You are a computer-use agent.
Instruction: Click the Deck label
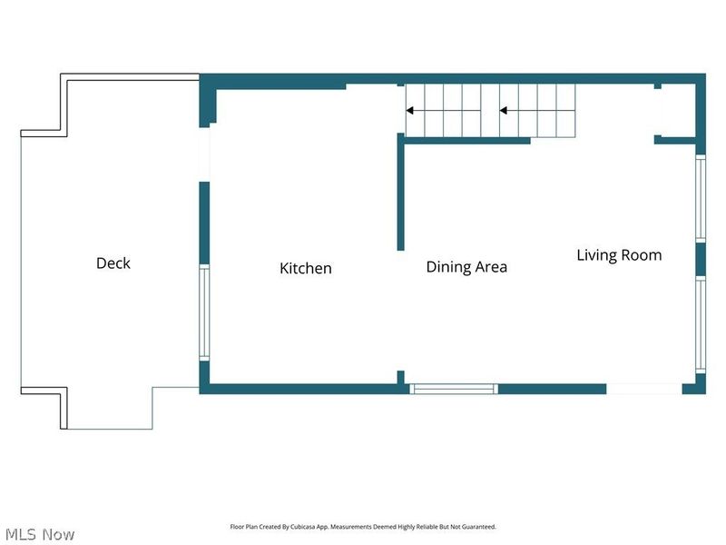pyautogui.click(x=113, y=263)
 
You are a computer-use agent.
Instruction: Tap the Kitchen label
pyautogui.click(x=305, y=268)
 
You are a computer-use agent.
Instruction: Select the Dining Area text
pyautogui.click(x=466, y=267)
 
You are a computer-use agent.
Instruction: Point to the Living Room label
pyautogui.click(x=619, y=255)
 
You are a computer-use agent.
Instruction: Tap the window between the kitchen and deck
pyautogui.click(x=204, y=312)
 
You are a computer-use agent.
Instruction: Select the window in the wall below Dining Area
pyautogui.click(x=454, y=389)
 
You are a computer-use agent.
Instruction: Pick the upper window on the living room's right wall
pyautogui.click(x=700, y=198)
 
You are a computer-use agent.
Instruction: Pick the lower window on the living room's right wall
pyautogui.click(x=700, y=324)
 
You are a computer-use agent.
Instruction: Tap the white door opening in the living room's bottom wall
pyautogui.click(x=643, y=389)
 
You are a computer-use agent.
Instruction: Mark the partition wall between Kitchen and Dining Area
pyautogui.click(x=400, y=192)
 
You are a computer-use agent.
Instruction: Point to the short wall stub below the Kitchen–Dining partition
pyautogui.click(x=400, y=377)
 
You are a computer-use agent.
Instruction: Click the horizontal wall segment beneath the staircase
pyautogui.click(x=466, y=141)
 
